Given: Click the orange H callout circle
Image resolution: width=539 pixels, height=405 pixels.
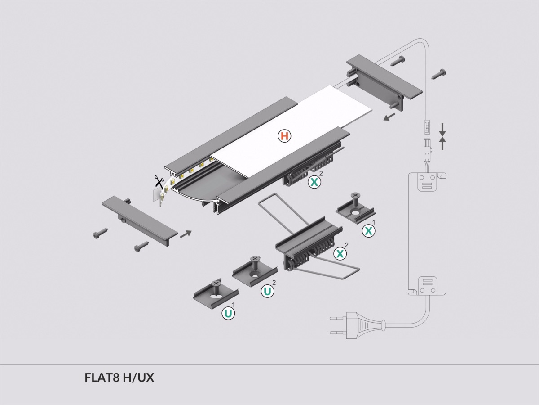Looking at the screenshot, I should click(285, 136).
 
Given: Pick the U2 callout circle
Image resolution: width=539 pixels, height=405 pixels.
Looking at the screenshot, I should click(268, 291).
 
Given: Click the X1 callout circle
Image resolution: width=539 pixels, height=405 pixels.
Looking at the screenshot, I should click(369, 231).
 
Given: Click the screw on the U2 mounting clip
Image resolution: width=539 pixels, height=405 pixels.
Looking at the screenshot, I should click(255, 260).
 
